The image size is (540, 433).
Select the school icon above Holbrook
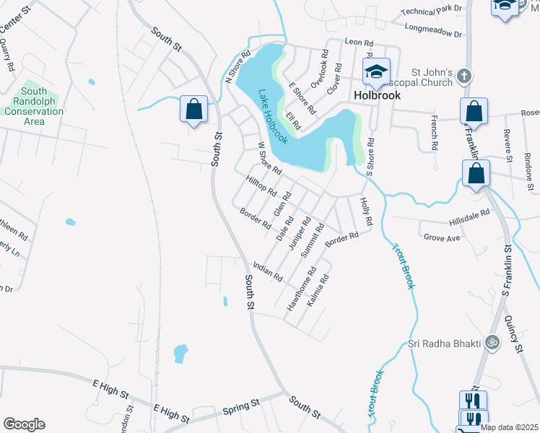(x=376, y=71)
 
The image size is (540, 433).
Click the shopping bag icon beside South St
(x=194, y=110)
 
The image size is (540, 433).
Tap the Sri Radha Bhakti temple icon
(x=494, y=342)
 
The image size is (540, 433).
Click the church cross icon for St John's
(x=465, y=75)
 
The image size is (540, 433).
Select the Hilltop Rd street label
(x=261, y=186)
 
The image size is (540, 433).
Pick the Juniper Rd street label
(x=298, y=233)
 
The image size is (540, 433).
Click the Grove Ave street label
(x=442, y=237)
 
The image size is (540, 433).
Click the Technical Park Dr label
(x=430, y=9)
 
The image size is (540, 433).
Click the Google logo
(x=24, y=424)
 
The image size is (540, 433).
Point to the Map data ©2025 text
(x=508, y=427)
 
